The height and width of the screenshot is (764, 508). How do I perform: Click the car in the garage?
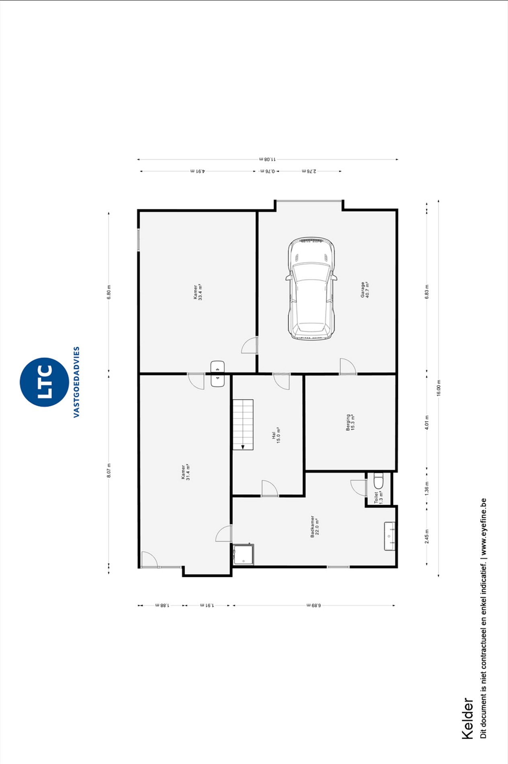[x=311, y=289]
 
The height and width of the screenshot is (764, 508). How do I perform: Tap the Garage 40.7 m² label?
[x=365, y=290]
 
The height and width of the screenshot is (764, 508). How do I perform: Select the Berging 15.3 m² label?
[x=350, y=423]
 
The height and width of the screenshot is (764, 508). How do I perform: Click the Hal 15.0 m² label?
[x=276, y=435]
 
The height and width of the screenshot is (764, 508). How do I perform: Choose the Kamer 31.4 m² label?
[x=185, y=472]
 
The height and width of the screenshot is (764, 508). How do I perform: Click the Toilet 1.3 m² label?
[x=378, y=497]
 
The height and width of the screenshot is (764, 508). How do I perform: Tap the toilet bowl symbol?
[x=379, y=481]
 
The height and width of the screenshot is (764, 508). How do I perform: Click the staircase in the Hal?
[x=243, y=425]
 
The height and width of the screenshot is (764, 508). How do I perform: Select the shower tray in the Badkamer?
[x=244, y=554]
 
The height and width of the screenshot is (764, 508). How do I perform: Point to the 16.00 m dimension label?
[x=438, y=388]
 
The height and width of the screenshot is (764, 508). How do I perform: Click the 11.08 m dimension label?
[x=267, y=159]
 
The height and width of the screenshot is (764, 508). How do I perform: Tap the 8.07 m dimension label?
[x=109, y=470]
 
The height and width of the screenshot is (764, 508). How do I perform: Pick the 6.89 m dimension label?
[x=313, y=605]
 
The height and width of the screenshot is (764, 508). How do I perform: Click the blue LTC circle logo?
[x=44, y=382]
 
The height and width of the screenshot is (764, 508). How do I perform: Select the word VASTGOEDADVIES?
[x=76, y=382]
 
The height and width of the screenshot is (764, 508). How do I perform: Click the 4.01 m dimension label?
[x=427, y=423]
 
